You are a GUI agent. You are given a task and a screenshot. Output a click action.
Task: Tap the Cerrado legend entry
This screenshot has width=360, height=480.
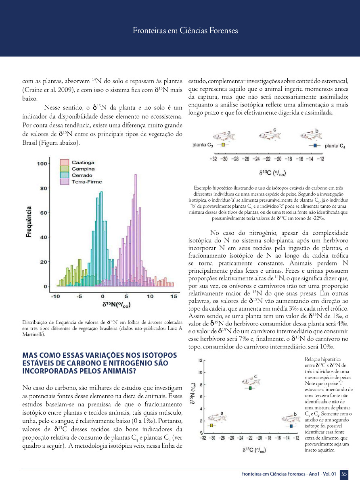(x=82, y=175)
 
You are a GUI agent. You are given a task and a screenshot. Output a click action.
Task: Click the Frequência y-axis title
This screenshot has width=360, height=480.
(x=29, y=222)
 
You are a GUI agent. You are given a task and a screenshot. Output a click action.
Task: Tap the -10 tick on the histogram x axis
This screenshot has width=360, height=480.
(x=55, y=296)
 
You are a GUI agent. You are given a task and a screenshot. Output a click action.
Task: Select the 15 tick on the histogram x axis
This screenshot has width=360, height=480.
(x=174, y=296)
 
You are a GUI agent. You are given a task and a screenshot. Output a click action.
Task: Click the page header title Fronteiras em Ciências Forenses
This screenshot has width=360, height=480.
(x=185, y=31)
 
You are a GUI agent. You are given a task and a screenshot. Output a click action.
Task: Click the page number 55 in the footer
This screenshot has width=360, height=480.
(x=344, y=474)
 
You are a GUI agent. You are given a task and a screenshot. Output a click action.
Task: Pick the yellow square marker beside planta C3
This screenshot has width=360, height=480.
(x=222, y=145)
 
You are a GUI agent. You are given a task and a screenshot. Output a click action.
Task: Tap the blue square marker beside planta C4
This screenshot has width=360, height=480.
(x=315, y=145)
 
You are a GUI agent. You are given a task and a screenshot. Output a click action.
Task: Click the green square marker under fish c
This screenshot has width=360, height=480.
(x=250, y=388)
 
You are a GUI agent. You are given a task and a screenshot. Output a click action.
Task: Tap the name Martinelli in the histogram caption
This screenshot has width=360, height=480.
(x=34, y=334)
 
